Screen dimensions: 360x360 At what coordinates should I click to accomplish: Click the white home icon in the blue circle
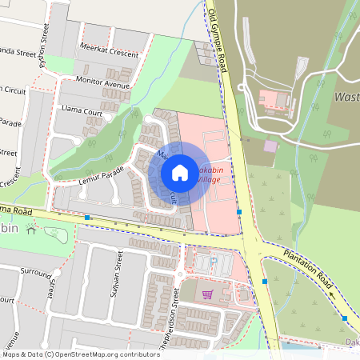(x=180, y=172)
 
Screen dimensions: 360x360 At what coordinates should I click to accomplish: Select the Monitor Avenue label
(x=102, y=82)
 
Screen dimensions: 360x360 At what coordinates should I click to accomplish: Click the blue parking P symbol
(x=212, y=261)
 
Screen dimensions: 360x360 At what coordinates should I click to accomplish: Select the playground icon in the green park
(x=31, y=230)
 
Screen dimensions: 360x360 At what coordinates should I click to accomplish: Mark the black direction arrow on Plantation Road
(x=333, y=294)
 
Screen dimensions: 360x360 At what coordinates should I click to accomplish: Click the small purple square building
(x=270, y=146)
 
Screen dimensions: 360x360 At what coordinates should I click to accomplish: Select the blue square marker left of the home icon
(x=86, y=218)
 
